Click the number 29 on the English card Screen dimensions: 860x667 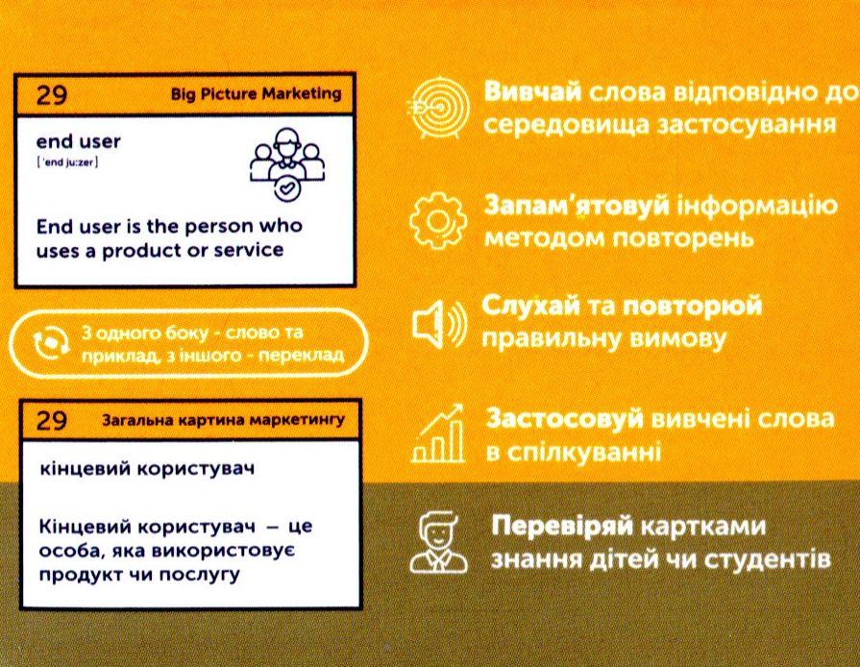(52, 95)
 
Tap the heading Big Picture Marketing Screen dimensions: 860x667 (256, 94)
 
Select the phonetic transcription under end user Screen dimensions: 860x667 (67, 163)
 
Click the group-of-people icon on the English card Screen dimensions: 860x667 (287, 164)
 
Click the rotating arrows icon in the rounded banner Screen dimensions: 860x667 (52, 344)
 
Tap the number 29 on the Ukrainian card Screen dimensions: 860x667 (52, 421)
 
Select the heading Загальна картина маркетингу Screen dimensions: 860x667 (224, 421)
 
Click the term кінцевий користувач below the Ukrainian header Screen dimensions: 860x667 (148, 470)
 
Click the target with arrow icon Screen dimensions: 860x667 (438, 108)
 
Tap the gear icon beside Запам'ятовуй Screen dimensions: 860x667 (438, 221)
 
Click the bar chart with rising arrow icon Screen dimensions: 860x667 (438, 433)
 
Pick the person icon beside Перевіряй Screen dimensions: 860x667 (439, 542)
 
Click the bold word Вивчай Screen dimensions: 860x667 (532, 91)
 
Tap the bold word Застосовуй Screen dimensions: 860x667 (565, 419)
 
